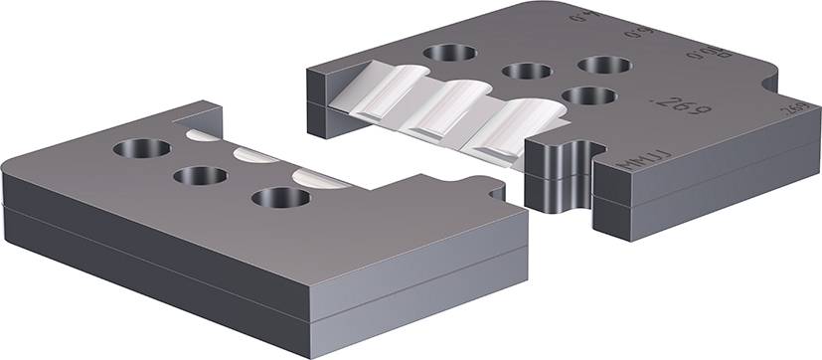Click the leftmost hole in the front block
pos(142,149)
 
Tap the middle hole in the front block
pos(201,176)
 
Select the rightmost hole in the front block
pos(280,198)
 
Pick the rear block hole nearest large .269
pos(588,95)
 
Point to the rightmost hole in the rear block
pos(604,65)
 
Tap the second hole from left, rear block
pos(527,72)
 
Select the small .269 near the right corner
pos(792,108)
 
